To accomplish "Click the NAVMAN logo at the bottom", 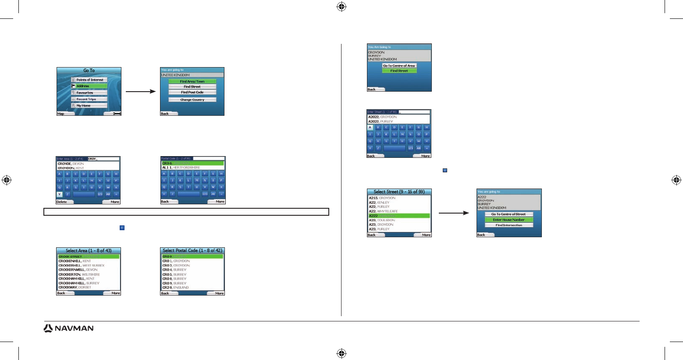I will (x=68, y=328).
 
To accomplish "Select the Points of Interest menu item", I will (x=89, y=80).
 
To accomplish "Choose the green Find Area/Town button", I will (x=192, y=82).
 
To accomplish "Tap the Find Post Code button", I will (x=192, y=93).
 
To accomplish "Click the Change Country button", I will (x=192, y=100).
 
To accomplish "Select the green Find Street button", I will (x=399, y=71).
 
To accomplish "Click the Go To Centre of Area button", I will (x=399, y=66).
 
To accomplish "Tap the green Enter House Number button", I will (x=509, y=220).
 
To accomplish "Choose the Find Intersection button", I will (x=509, y=225).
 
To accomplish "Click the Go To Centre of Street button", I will (x=509, y=214).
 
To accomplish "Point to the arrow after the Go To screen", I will (x=140, y=92).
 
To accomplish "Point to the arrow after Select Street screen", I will (x=454, y=214).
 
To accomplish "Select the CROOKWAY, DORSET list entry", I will (x=75, y=288).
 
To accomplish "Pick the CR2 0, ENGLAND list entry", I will (x=176, y=288).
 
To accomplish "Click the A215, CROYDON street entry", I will (x=382, y=198).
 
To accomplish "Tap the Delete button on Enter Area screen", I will (x=62, y=202).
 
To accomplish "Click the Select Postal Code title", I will (x=192, y=251).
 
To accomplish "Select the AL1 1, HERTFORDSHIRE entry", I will (x=181, y=168).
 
